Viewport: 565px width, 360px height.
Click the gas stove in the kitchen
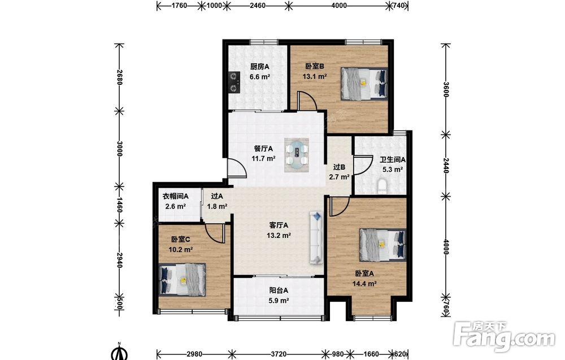point(234,82)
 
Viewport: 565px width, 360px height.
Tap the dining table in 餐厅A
point(297,154)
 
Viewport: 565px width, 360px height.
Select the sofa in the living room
point(316,237)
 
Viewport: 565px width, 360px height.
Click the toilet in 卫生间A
point(382,186)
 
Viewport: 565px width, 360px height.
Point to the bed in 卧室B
point(364,83)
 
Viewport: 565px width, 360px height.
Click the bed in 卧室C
point(182,280)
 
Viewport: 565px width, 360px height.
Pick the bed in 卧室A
point(383,245)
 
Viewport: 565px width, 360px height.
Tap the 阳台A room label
point(279,290)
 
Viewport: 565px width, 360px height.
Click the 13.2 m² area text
point(279,235)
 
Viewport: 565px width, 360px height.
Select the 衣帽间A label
point(176,197)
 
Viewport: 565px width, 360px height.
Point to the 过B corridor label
point(339,167)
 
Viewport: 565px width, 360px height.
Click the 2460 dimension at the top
point(258,6)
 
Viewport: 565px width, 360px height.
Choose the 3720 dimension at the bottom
point(278,354)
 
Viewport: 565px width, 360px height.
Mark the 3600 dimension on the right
point(446,89)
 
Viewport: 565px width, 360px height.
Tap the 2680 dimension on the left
point(119,77)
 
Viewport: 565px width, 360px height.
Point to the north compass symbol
point(119,352)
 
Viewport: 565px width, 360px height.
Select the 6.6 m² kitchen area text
point(260,76)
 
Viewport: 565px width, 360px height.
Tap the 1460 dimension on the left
point(119,205)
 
